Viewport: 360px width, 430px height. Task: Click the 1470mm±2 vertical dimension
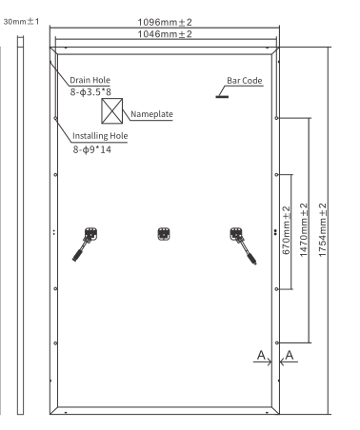(305, 230)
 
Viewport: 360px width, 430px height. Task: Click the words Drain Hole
(92, 81)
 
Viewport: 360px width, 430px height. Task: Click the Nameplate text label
(151, 112)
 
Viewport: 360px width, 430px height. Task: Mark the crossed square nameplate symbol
(113, 112)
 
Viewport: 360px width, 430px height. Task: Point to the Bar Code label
(245, 82)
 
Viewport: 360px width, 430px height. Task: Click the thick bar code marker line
(227, 94)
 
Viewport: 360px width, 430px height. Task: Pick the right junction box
(237, 232)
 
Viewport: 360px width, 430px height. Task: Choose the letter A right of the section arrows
(291, 357)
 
